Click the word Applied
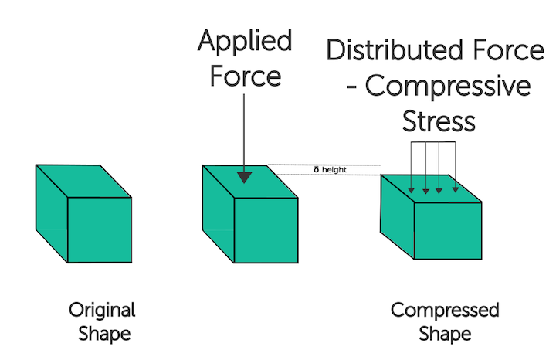click(x=245, y=42)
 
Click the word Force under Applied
click(x=245, y=77)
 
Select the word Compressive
click(x=448, y=86)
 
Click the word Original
click(x=102, y=311)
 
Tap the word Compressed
click(x=445, y=311)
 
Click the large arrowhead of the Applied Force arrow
click(x=244, y=177)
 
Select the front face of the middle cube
click(x=266, y=230)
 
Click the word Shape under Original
click(x=102, y=335)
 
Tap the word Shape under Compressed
click(x=445, y=335)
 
